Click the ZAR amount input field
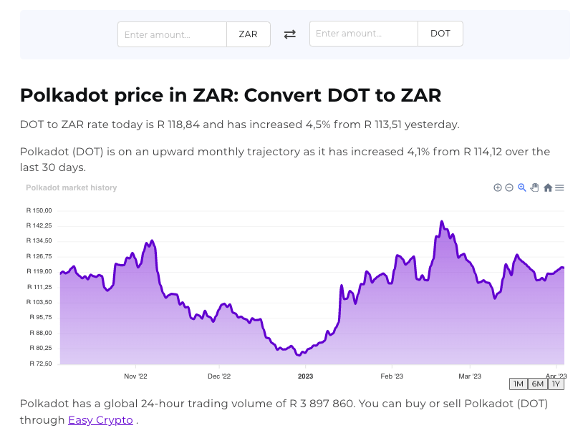(x=172, y=34)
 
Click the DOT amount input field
(x=363, y=34)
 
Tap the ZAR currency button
(x=249, y=34)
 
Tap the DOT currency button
(x=440, y=34)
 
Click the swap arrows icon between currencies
(x=290, y=34)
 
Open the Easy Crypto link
(x=100, y=420)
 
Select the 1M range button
(x=519, y=384)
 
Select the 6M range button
(x=538, y=384)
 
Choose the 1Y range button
(x=556, y=384)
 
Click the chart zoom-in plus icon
(x=498, y=188)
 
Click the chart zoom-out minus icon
(x=509, y=188)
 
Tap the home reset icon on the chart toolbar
(x=548, y=188)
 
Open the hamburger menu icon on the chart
(x=560, y=188)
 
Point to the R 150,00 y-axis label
(x=39, y=210)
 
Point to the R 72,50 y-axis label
(x=39, y=364)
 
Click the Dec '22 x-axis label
(x=219, y=376)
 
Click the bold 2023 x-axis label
(x=306, y=376)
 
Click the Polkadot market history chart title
(x=72, y=188)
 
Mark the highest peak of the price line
(x=442, y=221)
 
